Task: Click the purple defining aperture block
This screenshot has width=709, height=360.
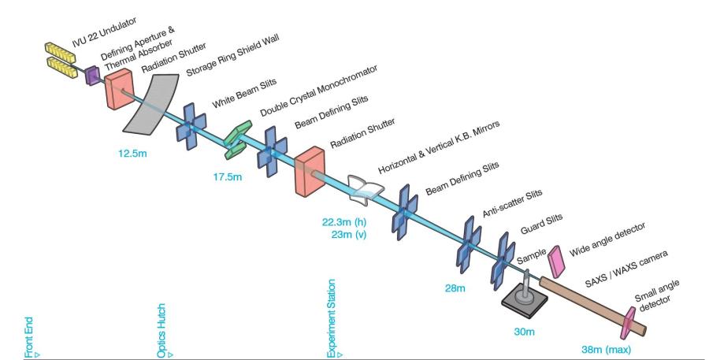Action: [92, 75]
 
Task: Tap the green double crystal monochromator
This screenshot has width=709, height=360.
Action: [236, 134]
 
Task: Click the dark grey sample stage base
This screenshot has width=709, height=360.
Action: [526, 298]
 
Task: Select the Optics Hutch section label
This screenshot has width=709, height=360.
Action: [161, 331]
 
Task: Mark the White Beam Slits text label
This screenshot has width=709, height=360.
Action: [239, 94]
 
